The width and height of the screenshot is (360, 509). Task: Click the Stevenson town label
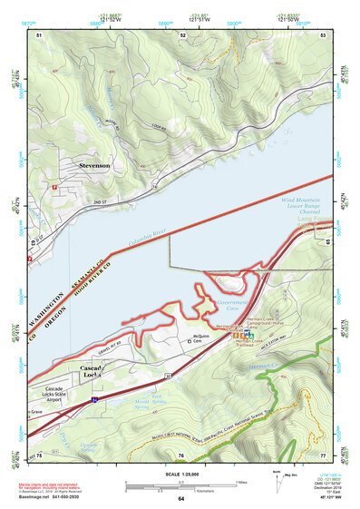[93, 166]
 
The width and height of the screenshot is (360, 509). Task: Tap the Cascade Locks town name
[95, 374]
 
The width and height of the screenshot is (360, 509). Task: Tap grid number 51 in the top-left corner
[39, 34]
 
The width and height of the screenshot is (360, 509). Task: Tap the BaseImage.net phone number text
[61, 499]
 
